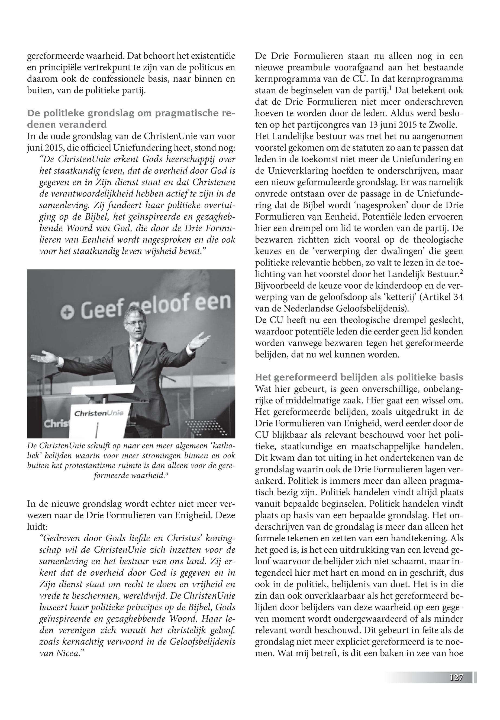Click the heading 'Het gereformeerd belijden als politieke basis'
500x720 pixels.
(x=359, y=377)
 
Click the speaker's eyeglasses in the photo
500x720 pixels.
(x=134, y=323)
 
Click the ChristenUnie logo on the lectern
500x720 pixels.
(x=99, y=413)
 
